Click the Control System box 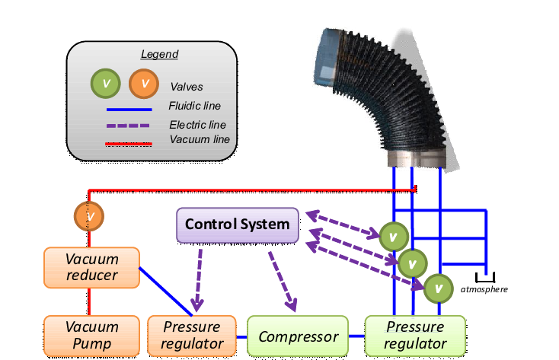click(x=238, y=225)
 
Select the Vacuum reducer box click(x=91, y=267)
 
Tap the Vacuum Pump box click(x=91, y=336)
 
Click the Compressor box click(x=298, y=336)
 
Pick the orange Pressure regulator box click(x=192, y=336)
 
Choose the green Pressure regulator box click(x=416, y=336)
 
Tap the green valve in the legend click(x=106, y=83)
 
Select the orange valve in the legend click(x=144, y=83)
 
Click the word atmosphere click(x=484, y=289)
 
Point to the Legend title click(x=159, y=54)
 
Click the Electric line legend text click(x=197, y=124)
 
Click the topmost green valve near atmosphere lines click(x=394, y=236)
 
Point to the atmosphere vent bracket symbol click(x=484, y=276)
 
